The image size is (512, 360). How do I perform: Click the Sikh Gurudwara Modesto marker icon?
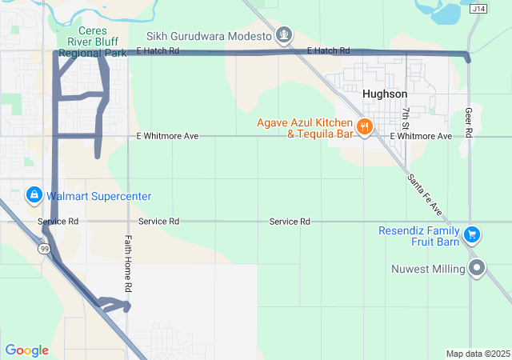[x=283, y=35]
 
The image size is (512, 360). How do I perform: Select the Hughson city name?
[x=385, y=94]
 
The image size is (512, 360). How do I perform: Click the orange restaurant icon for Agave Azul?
[x=364, y=127]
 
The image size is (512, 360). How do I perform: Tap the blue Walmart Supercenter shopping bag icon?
[x=34, y=195]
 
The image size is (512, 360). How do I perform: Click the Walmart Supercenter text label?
[x=98, y=196]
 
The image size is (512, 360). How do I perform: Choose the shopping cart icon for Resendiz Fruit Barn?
[x=472, y=234]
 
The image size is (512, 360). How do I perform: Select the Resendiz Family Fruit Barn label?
[x=420, y=236]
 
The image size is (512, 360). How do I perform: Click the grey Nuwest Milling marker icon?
[x=478, y=268]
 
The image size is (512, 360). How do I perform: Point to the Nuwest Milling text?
[x=428, y=269]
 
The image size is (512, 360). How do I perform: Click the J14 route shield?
[x=478, y=9]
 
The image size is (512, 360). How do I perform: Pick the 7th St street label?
[x=406, y=118]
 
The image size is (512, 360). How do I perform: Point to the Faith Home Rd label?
[x=128, y=263]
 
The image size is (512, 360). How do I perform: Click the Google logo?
[x=26, y=350]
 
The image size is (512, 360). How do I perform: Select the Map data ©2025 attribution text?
[x=478, y=354]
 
